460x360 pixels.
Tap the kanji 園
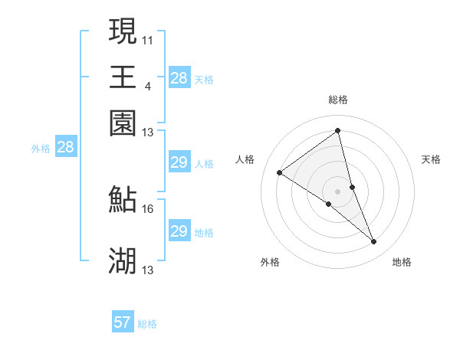point(123,122)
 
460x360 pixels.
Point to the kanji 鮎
point(123,199)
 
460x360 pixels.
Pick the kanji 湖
point(123,261)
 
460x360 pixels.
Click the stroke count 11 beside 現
point(148,39)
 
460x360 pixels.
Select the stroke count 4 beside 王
point(148,85)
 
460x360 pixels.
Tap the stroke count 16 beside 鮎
point(148,208)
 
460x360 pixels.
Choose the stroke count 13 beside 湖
point(148,270)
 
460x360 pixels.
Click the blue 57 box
point(123,322)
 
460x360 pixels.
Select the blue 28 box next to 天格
point(179,78)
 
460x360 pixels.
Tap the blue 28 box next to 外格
point(65,148)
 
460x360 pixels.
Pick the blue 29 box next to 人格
point(179,162)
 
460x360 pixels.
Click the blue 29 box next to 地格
point(179,231)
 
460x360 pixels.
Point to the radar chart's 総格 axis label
point(338,100)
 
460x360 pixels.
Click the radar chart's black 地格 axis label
point(402,262)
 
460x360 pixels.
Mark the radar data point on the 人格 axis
point(280,172)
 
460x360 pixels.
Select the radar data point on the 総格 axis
point(338,130)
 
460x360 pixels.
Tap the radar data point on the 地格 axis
point(374,242)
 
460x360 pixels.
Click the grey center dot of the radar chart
point(338,191)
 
